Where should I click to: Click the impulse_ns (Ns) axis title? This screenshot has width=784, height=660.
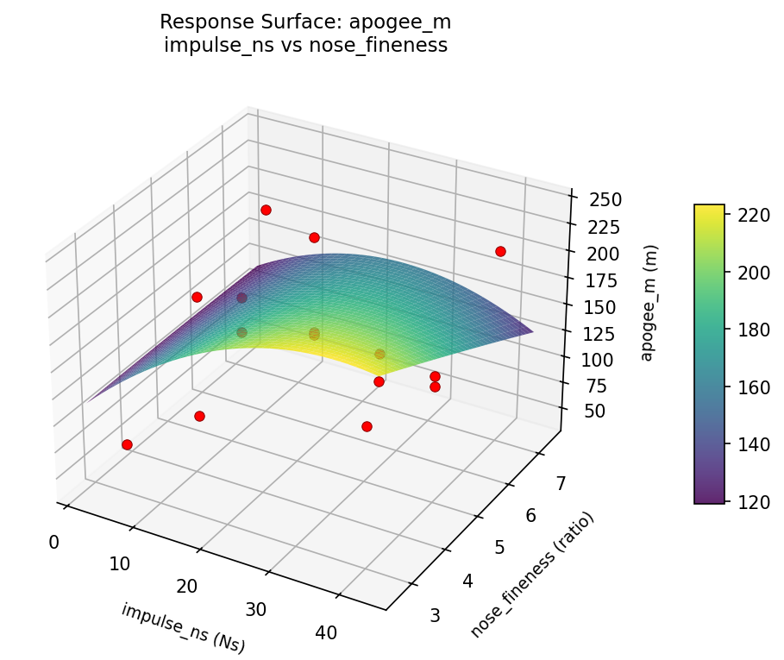click(x=188, y=626)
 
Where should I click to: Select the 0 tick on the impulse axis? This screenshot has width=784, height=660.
click(x=54, y=542)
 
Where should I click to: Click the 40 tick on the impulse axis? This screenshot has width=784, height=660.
click(x=326, y=633)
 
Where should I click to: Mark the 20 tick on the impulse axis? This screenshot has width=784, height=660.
click(x=187, y=587)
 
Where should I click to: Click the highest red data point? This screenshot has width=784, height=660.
click(x=266, y=211)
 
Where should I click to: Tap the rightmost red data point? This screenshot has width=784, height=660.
click(x=500, y=251)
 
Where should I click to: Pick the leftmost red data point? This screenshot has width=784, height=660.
click(x=127, y=444)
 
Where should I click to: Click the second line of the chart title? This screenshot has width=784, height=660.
click(x=305, y=46)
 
